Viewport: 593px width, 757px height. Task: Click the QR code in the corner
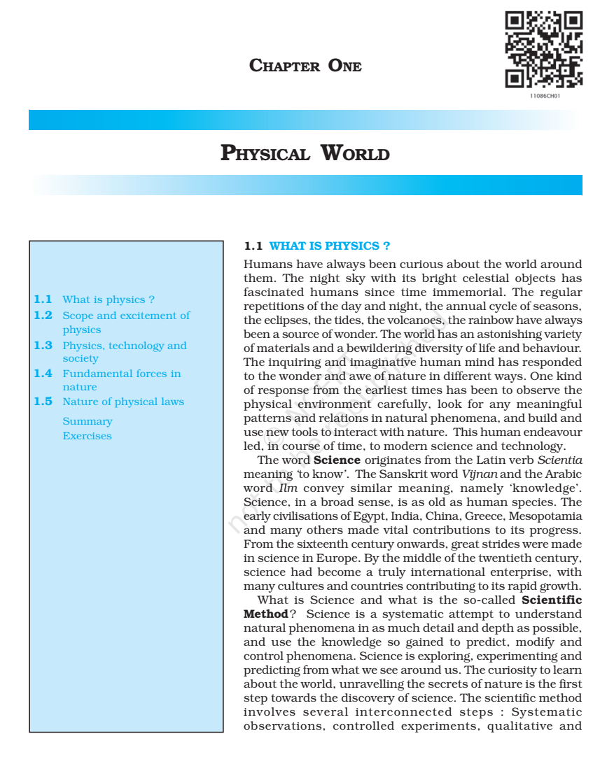click(544, 50)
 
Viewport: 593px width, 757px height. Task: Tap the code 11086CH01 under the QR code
click(544, 95)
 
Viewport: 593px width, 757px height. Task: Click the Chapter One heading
click(305, 66)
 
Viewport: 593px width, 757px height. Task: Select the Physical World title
click(305, 153)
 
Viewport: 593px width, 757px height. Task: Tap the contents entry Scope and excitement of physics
click(126, 323)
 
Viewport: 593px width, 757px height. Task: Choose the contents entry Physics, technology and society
click(124, 351)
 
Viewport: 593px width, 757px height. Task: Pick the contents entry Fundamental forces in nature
click(121, 380)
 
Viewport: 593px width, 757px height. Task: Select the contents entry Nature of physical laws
click(123, 402)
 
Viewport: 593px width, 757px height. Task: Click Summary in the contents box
click(88, 421)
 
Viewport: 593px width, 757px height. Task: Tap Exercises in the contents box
click(87, 436)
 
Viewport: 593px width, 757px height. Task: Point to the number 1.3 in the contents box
click(43, 345)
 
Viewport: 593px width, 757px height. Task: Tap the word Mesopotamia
click(547, 516)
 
